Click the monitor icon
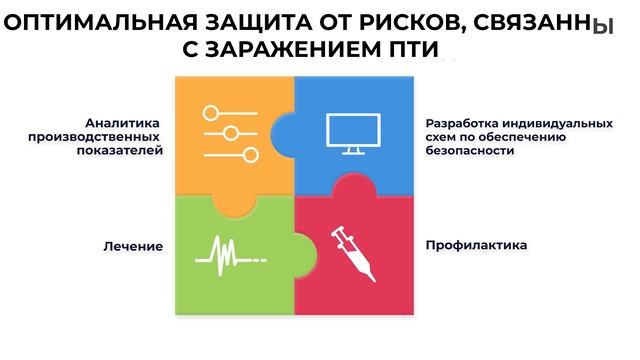click(351, 134)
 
